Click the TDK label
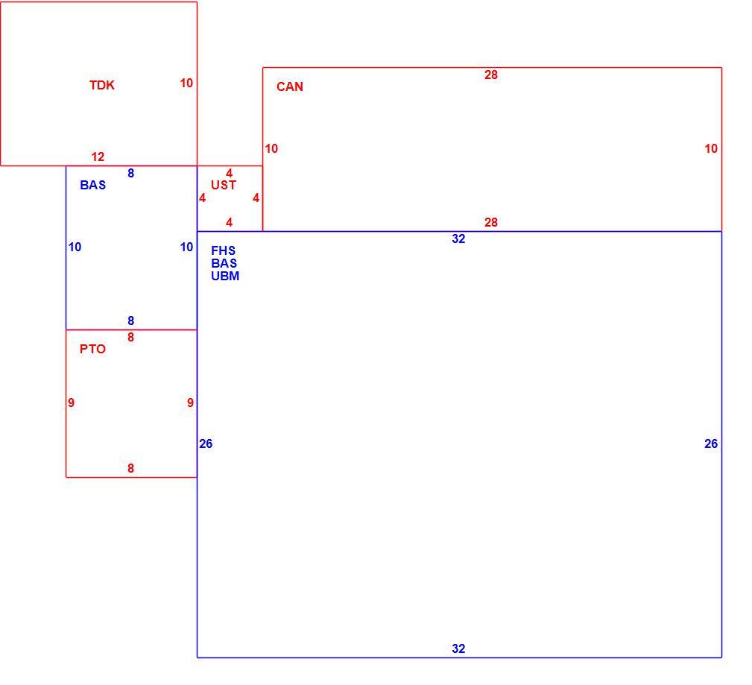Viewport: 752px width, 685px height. tap(102, 85)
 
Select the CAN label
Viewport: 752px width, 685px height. tap(290, 86)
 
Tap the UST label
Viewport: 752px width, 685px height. tap(224, 185)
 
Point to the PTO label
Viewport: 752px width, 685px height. tap(92, 350)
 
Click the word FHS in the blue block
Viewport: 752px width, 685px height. tap(224, 250)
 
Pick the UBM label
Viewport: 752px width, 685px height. tap(225, 276)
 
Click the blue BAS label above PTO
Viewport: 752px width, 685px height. tap(92, 185)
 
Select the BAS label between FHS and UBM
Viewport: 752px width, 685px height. tap(224, 263)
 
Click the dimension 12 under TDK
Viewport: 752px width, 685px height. tap(98, 157)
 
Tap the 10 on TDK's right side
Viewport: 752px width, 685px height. tap(186, 83)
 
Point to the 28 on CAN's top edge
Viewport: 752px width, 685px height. tap(491, 75)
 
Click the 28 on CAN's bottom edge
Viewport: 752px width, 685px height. tap(491, 223)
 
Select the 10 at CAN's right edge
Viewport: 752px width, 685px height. tap(711, 149)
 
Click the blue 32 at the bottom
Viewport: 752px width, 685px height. tap(458, 648)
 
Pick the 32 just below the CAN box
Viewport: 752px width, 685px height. tap(458, 239)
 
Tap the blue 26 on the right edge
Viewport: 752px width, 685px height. tap(711, 443)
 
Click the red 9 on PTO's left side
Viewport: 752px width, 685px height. tap(71, 403)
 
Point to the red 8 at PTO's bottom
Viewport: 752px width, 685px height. tap(131, 468)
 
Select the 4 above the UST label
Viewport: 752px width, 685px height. tap(230, 173)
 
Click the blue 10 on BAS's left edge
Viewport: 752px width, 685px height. tap(75, 247)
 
